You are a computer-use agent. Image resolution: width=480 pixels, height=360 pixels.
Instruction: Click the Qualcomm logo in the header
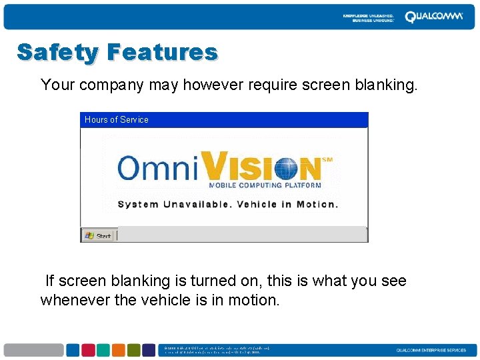[x=433, y=17]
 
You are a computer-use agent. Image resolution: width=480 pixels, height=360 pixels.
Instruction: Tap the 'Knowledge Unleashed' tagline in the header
[x=368, y=17]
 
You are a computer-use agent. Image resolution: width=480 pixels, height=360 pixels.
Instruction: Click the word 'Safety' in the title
[x=57, y=52]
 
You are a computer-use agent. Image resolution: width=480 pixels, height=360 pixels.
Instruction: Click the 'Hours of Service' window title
[x=117, y=120]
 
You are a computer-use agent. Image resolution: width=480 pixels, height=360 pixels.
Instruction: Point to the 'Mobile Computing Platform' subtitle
[x=265, y=185]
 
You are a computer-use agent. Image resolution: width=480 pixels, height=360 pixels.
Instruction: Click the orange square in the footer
[x=118, y=350]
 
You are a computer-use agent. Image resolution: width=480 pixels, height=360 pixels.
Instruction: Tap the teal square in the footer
[x=103, y=350]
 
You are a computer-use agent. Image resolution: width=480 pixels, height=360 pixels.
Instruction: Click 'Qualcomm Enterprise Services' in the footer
[x=431, y=351]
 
